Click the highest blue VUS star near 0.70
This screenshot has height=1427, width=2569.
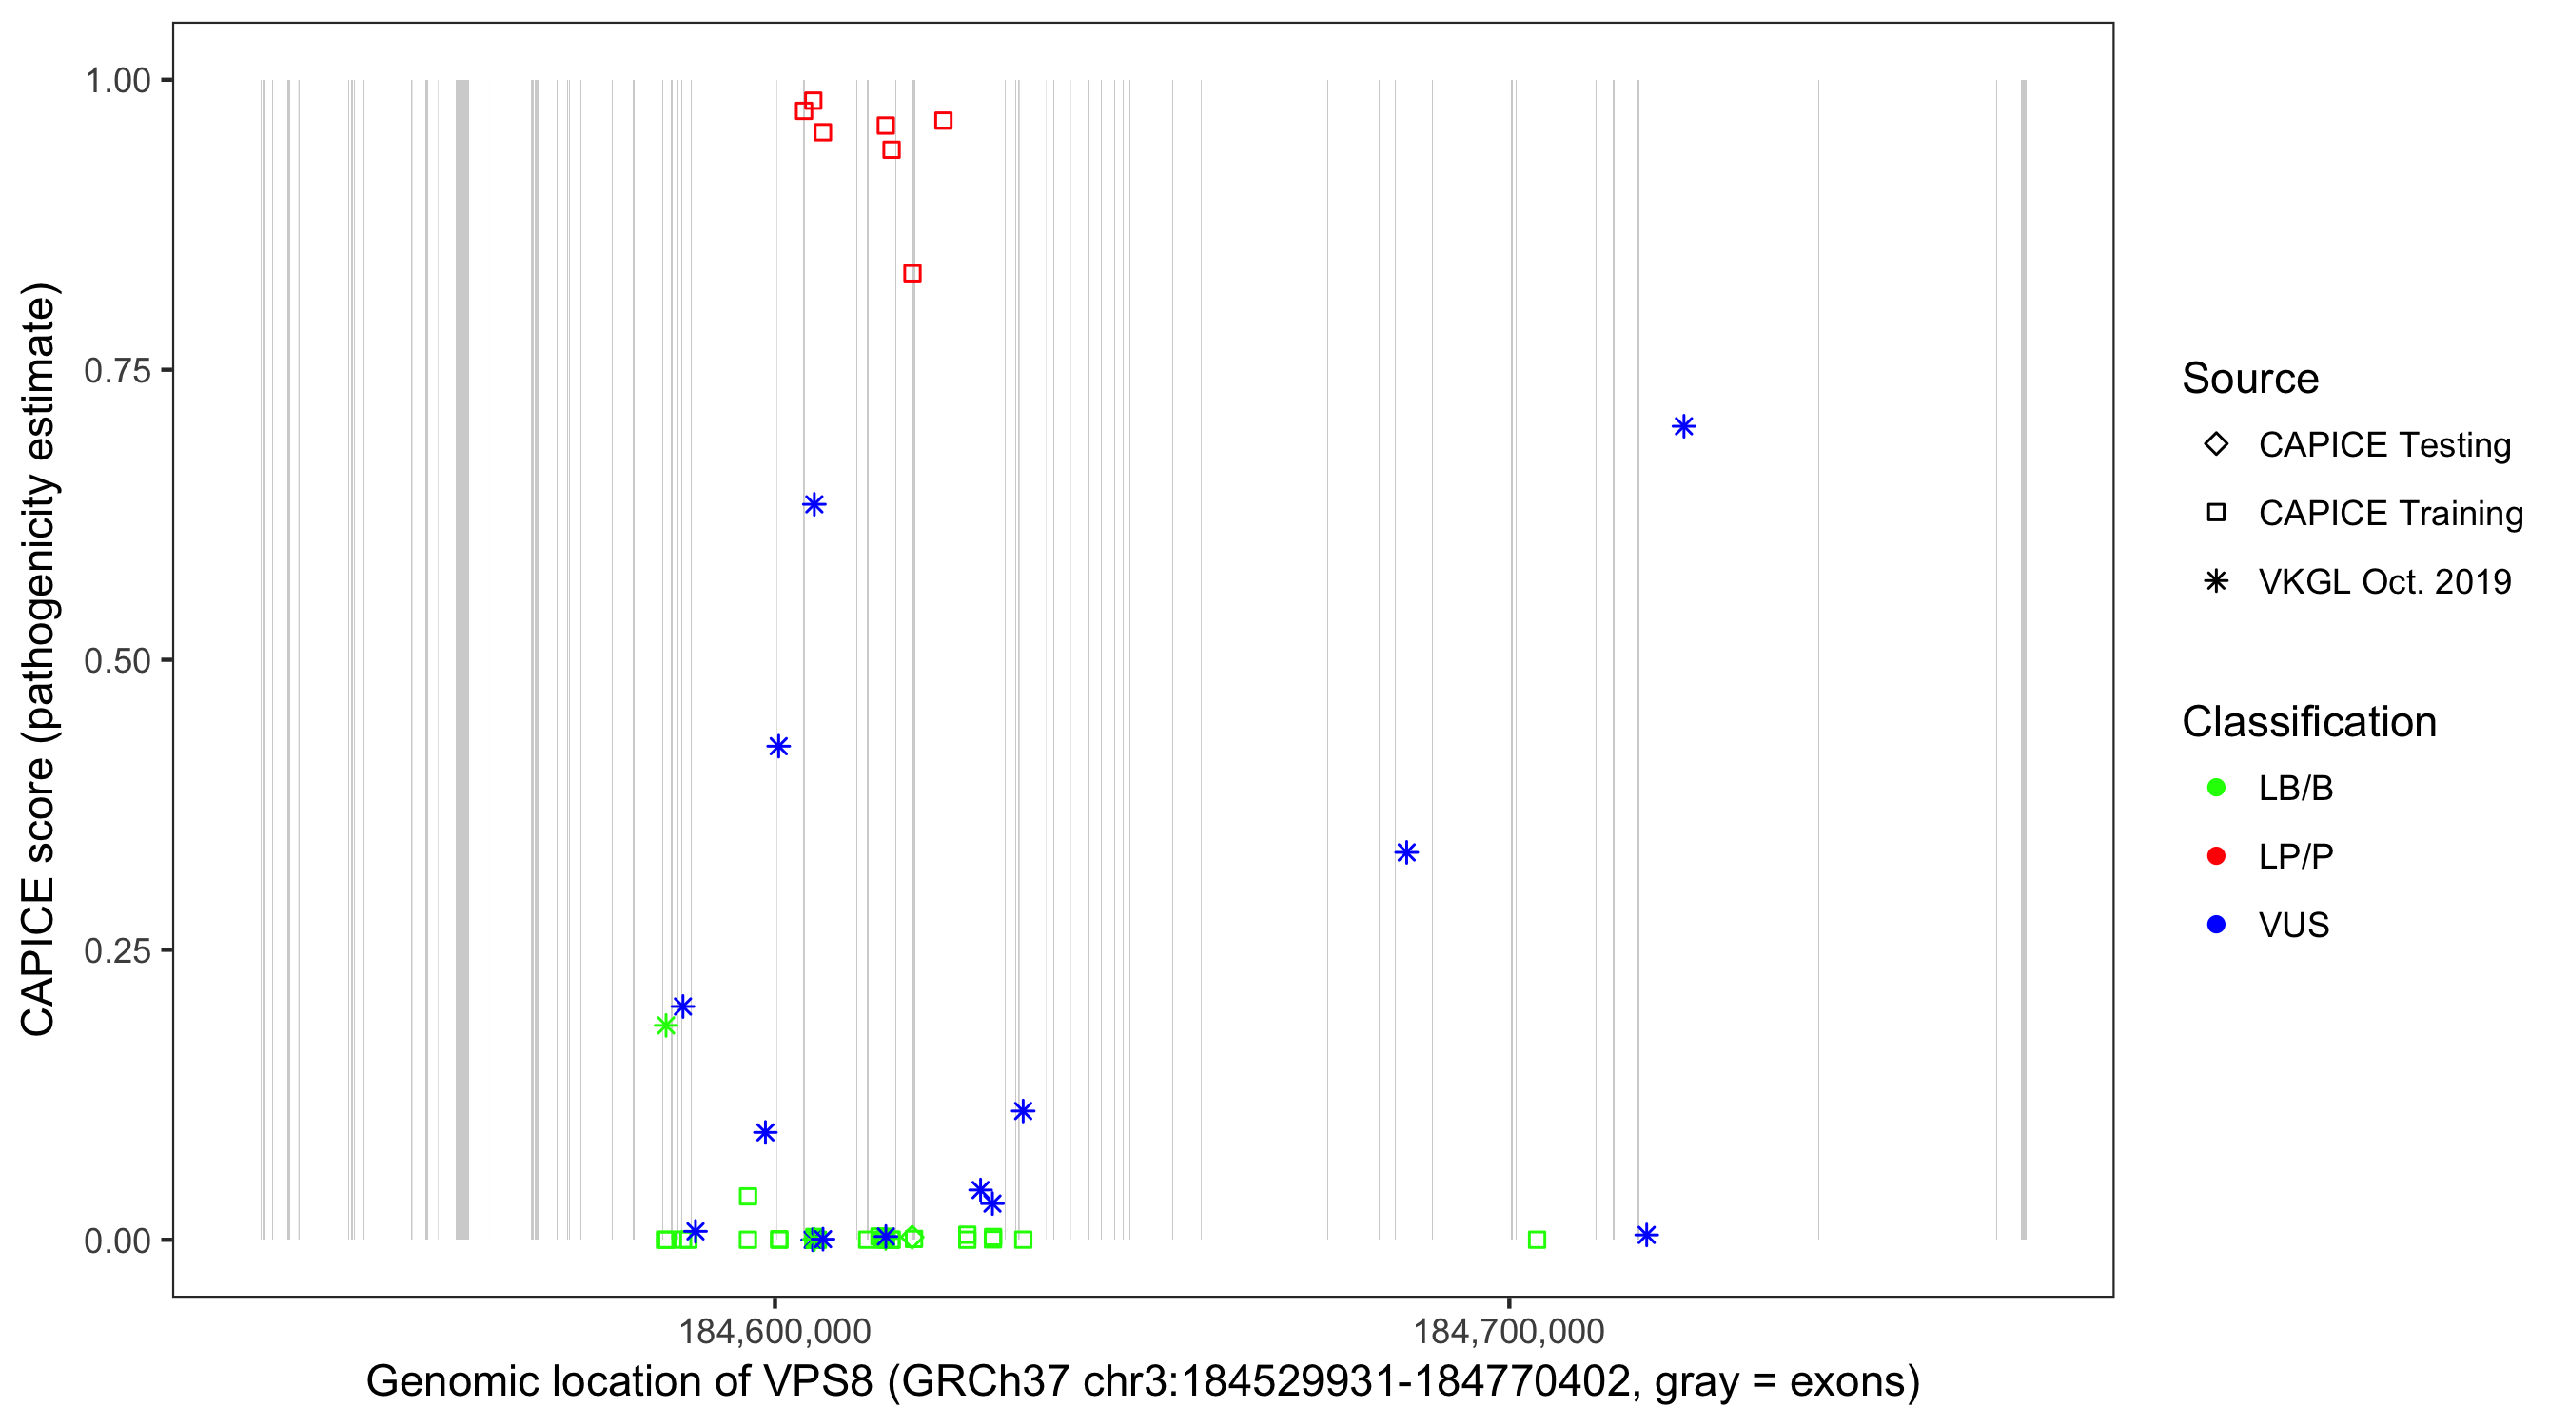[x=1683, y=427]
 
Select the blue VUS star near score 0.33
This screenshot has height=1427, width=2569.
[x=1406, y=852]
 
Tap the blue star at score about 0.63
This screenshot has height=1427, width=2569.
[x=814, y=504]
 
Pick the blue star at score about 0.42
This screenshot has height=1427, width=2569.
[x=779, y=746]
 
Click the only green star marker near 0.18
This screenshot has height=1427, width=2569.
[x=665, y=1026]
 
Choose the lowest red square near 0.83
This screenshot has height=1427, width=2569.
[x=912, y=273]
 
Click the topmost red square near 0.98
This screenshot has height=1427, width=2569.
[x=813, y=101]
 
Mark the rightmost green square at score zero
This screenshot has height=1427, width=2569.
[x=1537, y=1240]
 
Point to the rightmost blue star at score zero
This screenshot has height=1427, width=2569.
[x=1646, y=1236]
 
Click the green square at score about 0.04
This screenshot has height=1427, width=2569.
[x=748, y=1196]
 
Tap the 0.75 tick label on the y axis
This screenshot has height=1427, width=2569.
[x=116, y=371]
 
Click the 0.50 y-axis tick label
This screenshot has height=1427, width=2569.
[x=116, y=660]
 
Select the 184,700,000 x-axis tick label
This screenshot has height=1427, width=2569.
[x=1508, y=1330]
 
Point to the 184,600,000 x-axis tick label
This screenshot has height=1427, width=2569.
[x=774, y=1330]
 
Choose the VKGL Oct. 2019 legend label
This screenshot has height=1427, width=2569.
[x=2384, y=581]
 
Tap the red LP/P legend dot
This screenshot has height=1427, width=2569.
[x=2216, y=856]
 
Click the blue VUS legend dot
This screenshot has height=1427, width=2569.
[x=2216, y=925]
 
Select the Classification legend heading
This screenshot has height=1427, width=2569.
[x=2308, y=722]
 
